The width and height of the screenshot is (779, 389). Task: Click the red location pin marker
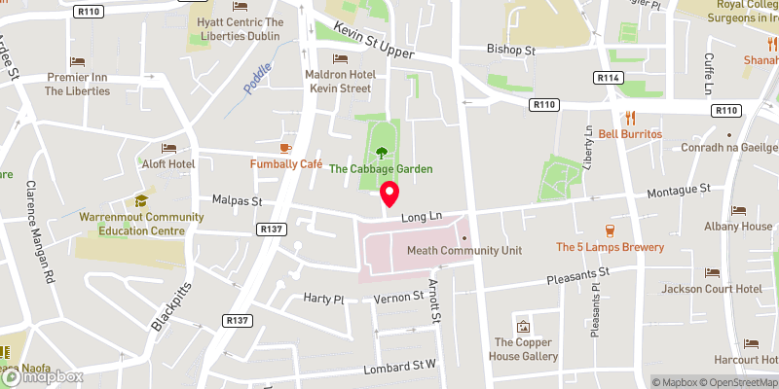(389, 194)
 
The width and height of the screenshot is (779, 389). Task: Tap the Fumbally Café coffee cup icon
(285, 148)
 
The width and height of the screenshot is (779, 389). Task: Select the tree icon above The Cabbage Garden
(381, 151)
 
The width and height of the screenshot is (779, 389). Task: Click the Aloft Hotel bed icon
(168, 149)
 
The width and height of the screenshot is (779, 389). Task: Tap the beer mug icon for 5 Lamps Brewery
(610, 230)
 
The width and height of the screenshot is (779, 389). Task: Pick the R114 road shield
(610, 77)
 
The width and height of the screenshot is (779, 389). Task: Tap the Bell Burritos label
(630, 133)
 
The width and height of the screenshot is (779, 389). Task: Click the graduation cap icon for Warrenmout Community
(141, 200)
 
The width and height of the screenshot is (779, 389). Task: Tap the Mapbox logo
(42, 377)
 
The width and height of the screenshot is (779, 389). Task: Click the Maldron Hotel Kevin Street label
(341, 81)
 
